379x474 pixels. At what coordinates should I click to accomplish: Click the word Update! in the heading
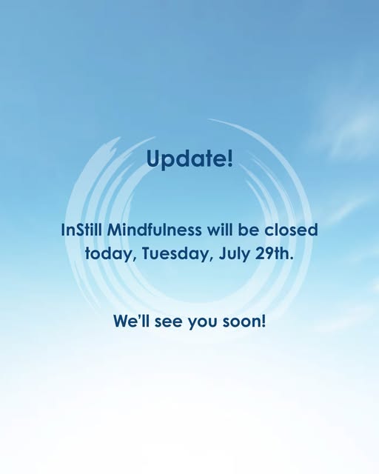coord(189,158)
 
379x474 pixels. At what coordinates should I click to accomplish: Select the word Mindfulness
coord(154,230)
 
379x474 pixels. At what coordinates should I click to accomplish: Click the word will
coord(220,230)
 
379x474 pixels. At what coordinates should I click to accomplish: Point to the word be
coord(249,230)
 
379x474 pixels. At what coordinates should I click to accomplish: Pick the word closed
coord(292,230)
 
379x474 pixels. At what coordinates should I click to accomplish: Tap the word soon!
coord(244,321)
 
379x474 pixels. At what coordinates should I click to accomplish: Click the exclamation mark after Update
coord(230,158)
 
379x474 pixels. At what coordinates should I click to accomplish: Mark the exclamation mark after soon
coord(264,321)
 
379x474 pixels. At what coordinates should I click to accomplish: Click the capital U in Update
coord(153,158)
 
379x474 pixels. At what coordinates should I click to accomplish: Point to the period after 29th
coord(292,258)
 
